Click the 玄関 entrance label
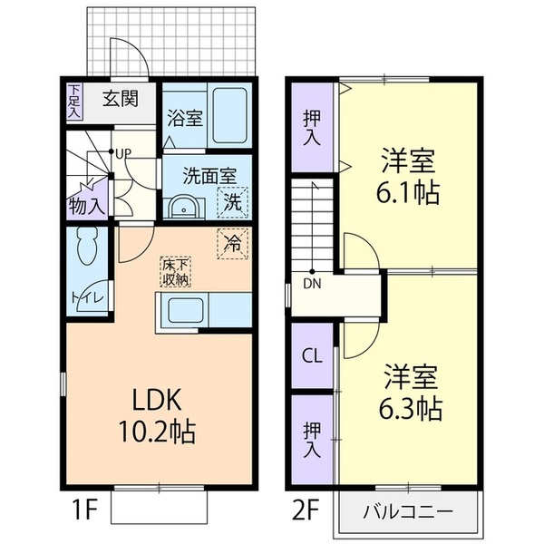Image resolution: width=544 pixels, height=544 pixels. (120, 99)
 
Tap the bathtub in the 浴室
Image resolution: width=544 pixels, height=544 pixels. (229, 115)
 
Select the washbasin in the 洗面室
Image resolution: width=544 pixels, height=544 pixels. (182, 208)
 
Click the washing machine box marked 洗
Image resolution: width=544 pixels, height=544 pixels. (232, 202)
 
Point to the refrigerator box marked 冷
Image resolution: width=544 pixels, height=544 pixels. (232, 244)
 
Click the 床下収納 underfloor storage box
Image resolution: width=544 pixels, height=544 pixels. (176, 272)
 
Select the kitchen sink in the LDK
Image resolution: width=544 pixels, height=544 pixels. (186, 310)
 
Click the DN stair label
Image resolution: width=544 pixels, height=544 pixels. (312, 284)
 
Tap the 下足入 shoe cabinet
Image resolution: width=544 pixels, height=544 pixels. (74, 102)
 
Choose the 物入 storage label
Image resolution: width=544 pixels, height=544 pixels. (87, 207)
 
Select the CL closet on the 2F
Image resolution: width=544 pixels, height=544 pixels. (312, 355)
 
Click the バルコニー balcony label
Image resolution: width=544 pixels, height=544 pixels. (408, 511)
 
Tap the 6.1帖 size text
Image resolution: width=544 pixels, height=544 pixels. (408, 192)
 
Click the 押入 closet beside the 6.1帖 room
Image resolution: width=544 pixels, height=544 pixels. (312, 127)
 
